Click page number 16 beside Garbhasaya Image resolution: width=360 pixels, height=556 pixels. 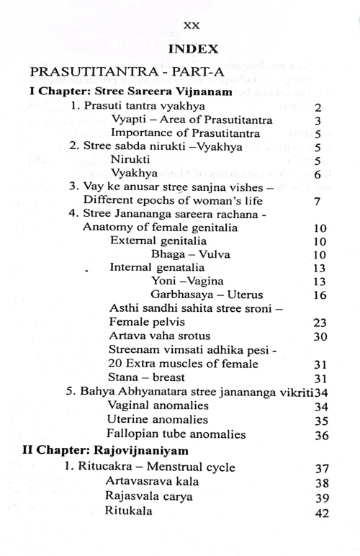[321, 295]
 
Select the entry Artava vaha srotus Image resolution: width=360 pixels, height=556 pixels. [156, 336]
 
